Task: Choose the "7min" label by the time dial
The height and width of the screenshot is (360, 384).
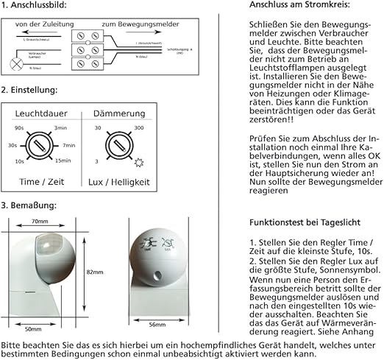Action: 70,145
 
